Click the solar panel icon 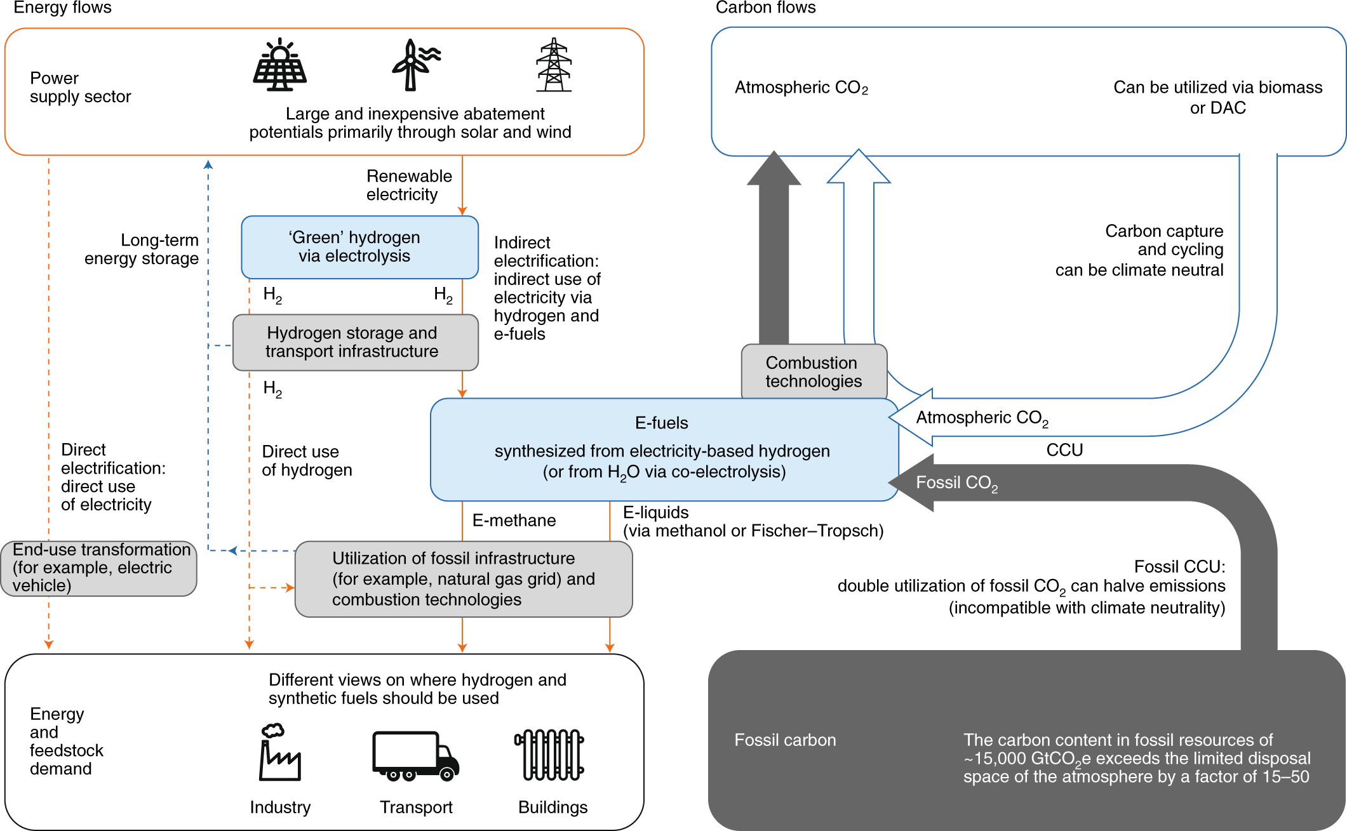(x=279, y=65)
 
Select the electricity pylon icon (x=554, y=65)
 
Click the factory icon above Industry (x=279, y=752)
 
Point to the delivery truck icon (x=415, y=755)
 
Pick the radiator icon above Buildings (x=549, y=755)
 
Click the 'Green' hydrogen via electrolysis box (x=359, y=247)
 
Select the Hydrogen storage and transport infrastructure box (x=355, y=342)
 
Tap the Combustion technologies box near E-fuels (x=814, y=371)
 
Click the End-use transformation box (x=98, y=568)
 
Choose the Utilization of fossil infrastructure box (x=464, y=579)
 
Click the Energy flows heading (x=62, y=8)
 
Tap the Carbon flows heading (x=765, y=8)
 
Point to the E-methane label (x=514, y=521)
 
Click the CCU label (x=1064, y=450)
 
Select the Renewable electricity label (x=409, y=185)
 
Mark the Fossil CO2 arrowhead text (x=956, y=483)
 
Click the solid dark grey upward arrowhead (x=774, y=168)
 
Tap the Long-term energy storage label (x=142, y=249)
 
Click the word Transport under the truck (x=416, y=808)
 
